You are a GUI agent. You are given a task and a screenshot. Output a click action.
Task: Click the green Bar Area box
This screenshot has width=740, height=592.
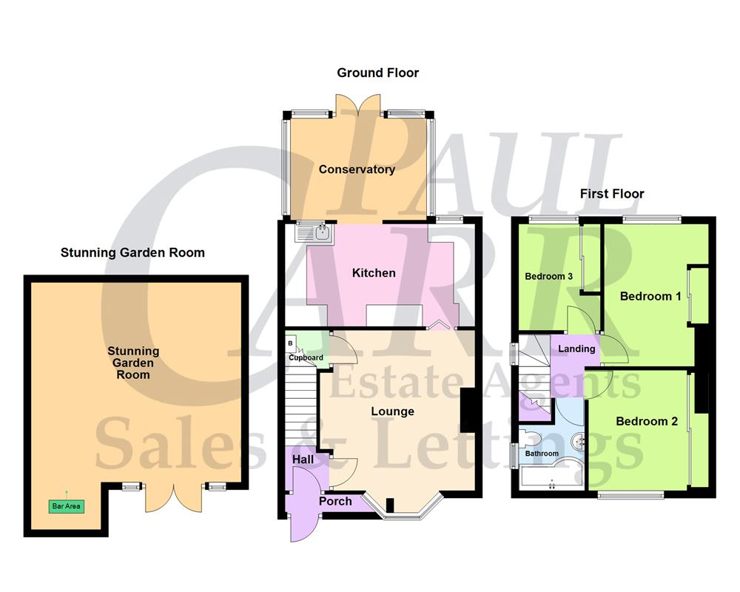[x=66, y=507]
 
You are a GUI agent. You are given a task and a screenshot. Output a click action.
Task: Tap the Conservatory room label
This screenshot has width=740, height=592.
[x=357, y=169]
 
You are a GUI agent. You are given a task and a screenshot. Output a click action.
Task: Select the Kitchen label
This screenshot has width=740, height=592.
[x=374, y=273]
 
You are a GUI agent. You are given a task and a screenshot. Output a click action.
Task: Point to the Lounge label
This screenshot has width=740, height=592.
[x=392, y=411]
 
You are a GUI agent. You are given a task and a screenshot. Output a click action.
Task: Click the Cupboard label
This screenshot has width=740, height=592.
[x=306, y=358]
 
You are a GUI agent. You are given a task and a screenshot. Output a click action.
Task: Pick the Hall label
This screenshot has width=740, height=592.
[x=303, y=460]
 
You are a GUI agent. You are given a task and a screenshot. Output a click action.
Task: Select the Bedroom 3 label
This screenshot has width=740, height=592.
[x=549, y=277]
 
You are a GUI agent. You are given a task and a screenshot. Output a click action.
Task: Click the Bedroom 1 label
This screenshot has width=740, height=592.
[x=650, y=296]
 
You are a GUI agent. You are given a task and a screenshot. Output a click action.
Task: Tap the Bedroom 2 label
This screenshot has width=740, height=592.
[x=647, y=421]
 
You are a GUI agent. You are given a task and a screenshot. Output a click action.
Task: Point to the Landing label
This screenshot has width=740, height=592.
[x=576, y=349]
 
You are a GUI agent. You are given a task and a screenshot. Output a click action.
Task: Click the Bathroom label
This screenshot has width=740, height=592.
[x=542, y=453]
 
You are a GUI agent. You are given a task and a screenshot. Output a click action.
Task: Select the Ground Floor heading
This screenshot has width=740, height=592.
[x=377, y=73]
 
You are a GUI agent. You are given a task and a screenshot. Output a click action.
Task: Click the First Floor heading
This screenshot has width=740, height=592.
[x=612, y=194]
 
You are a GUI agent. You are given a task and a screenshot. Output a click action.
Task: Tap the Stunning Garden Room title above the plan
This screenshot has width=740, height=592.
[x=132, y=252]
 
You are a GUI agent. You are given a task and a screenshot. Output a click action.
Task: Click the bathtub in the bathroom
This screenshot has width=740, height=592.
[x=551, y=480]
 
